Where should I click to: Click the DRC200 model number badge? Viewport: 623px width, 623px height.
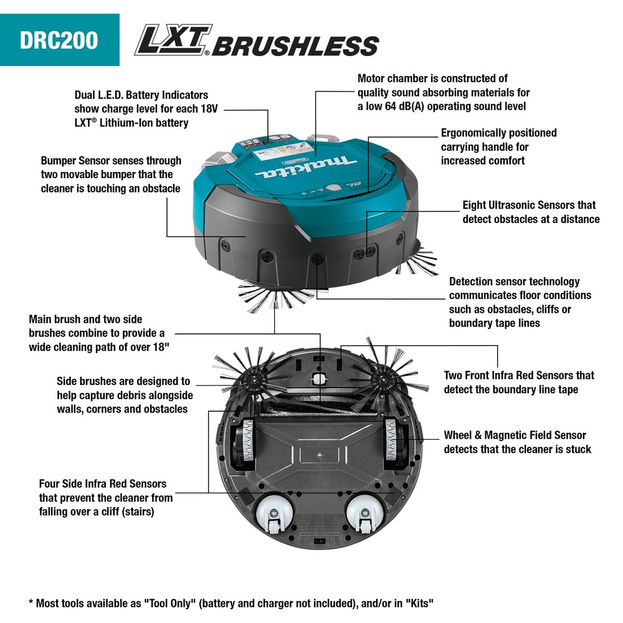[60, 40]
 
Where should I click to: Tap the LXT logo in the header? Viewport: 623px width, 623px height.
[173, 40]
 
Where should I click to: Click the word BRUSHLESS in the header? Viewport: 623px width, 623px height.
[295, 45]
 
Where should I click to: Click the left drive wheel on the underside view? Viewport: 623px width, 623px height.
[244, 442]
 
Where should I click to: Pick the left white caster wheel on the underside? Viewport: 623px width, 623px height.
[273, 515]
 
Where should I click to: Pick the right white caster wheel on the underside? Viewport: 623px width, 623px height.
[364, 515]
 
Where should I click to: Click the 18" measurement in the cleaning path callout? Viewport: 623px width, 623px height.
[161, 346]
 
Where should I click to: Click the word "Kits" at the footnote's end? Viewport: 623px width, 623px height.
[419, 603]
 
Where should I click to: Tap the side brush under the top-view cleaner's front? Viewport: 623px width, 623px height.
[274, 296]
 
